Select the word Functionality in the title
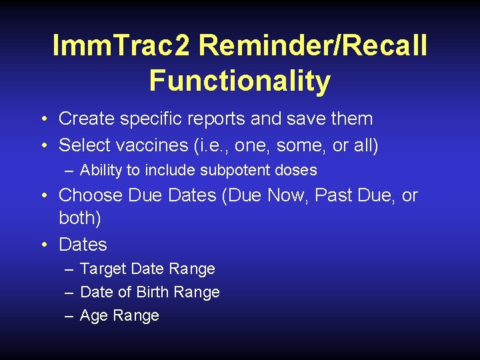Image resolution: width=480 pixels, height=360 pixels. click(240, 81)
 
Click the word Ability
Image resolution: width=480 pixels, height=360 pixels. click(101, 171)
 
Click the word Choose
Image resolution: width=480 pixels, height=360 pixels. click(91, 195)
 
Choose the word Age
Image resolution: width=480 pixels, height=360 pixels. click(93, 316)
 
